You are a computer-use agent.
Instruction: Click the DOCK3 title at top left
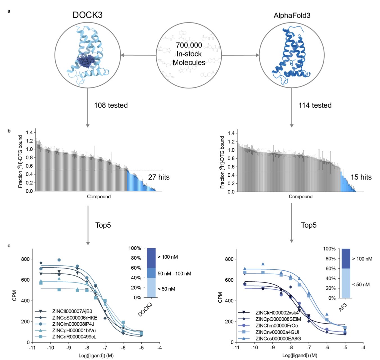pyautogui.click(x=87, y=15)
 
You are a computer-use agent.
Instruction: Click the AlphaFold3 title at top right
pyautogui.click(x=292, y=15)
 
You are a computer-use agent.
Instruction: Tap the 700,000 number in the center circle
pyautogui.click(x=189, y=45)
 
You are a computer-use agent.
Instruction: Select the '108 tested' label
pyautogui.click(x=111, y=105)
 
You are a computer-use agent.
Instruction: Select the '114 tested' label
pyautogui.click(x=315, y=105)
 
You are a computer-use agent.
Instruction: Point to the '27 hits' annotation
pyautogui.click(x=159, y=177)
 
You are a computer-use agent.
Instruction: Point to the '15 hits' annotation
pyautogui.click(x=361, y=177)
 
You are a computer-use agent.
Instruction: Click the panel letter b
pyautogui.click(x=9, y=131)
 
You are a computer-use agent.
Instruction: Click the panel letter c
pyautogui.click(x=9, y=246)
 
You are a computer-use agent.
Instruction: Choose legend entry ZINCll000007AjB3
pyautogui.click(x=72, y=311)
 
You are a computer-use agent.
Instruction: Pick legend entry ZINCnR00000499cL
pyautogui.click(x=74, y=337)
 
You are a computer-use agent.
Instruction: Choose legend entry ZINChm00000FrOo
pyautogui.click(x=277, y=326)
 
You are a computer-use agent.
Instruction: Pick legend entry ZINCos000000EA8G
pyautogui.click(x=278, y=339)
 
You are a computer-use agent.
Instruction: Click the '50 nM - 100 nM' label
pyautogui.click(x=174, y=274)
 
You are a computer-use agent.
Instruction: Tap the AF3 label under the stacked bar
pyautogui.click(x=343, y=307)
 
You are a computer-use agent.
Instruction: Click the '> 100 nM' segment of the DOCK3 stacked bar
pyautogui.click(x=151, y=258)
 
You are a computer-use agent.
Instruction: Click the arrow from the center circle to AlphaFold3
pyautogui.click(x=240, y=55)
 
